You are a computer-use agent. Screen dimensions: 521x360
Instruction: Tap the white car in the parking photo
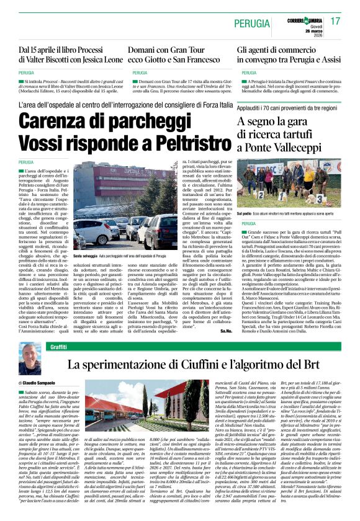(x=92, y=231)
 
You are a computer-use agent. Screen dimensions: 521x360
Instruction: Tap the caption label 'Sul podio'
(x=245, y=213)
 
